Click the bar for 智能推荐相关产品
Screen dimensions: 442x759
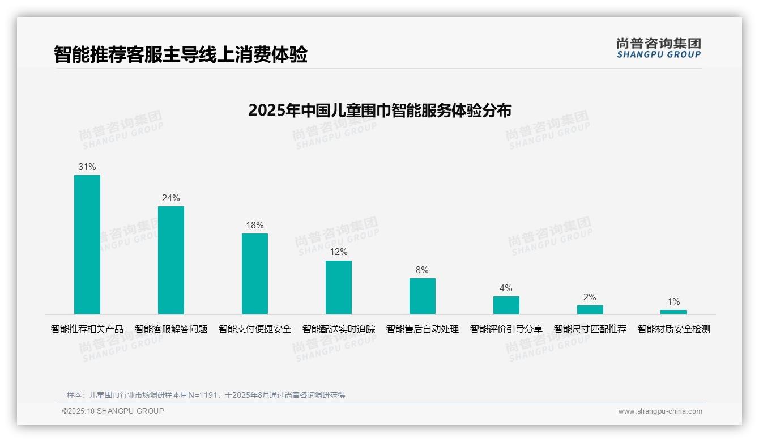[87, 244]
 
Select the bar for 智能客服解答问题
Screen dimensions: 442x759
[171, 260]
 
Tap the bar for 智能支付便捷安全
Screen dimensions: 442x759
[255, 274]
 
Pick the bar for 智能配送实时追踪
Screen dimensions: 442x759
[339, 287]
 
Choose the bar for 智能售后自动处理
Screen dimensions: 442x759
[423, 296]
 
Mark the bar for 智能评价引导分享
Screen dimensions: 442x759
[506, 305]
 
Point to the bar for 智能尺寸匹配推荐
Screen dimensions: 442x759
[590, 309]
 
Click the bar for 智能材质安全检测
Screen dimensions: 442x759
[673, 312]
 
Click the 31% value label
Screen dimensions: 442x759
[87, 167]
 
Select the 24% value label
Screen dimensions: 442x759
[171, 198]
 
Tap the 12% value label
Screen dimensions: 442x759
[339, 252]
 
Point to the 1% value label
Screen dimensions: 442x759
[673, 302]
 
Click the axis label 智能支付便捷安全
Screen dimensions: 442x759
[255, 329]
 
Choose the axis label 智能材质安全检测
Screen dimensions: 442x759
[673, 329]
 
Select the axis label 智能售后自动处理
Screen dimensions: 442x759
[423, 329]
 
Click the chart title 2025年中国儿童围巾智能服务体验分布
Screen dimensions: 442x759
[380, 110]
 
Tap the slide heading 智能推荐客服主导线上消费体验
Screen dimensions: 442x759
[181, 55]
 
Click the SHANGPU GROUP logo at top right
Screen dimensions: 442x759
[659, 48]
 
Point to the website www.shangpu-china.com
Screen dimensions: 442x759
[660, 411]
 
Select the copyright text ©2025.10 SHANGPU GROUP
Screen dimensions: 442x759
[113, 411]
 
